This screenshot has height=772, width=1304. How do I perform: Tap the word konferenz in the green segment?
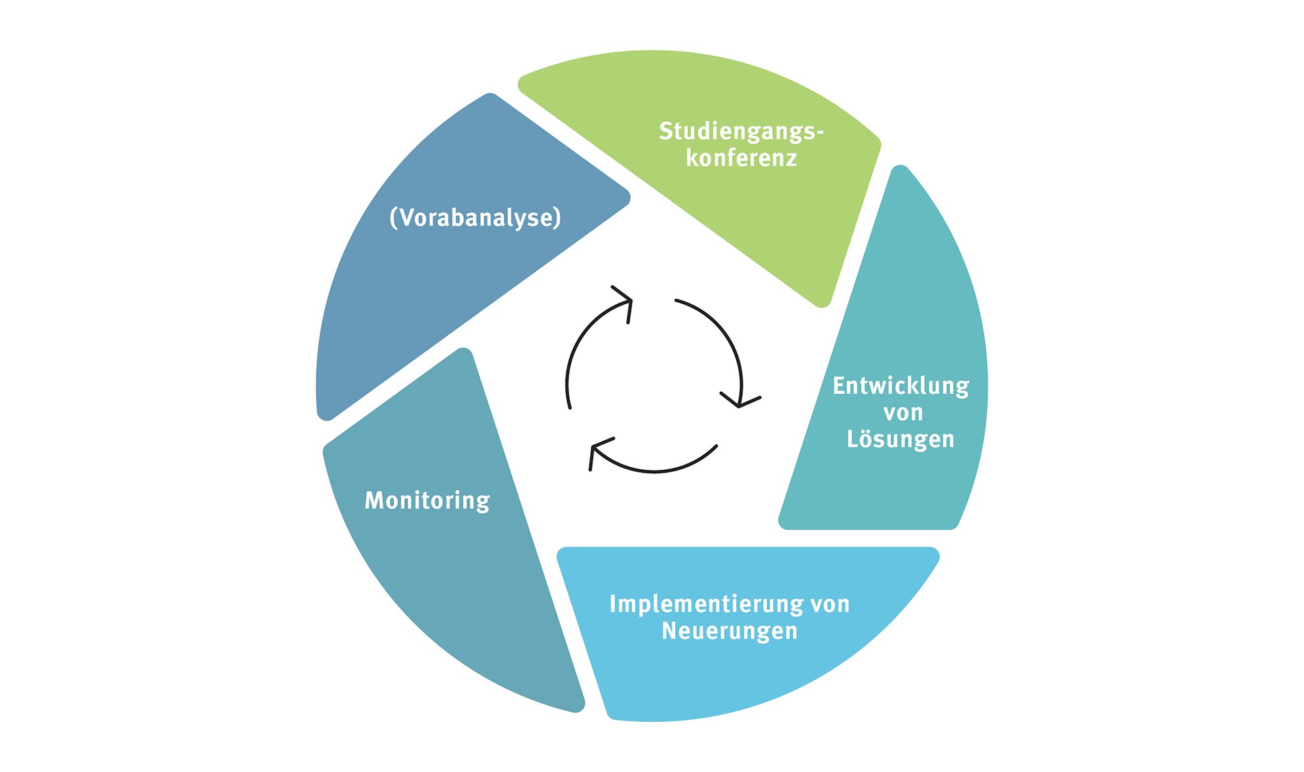click(741, 158)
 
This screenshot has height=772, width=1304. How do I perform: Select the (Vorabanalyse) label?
click(475, 218)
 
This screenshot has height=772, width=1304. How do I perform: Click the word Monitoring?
click(427, 500)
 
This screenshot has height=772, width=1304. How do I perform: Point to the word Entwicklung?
click(901, 386)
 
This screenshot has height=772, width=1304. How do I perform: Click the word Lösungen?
click(901, 439)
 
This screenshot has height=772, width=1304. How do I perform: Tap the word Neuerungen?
click(729, 631)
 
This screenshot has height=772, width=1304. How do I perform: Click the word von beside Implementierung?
click(830, 604)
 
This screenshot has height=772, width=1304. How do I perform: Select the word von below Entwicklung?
click(903, 413)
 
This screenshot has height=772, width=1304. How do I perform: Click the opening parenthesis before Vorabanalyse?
click(393, 218)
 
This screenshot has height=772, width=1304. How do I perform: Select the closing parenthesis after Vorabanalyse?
click(558, 218)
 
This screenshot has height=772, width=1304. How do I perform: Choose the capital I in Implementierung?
click(613, 604)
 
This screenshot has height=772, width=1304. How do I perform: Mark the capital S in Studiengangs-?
click(666, 131)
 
